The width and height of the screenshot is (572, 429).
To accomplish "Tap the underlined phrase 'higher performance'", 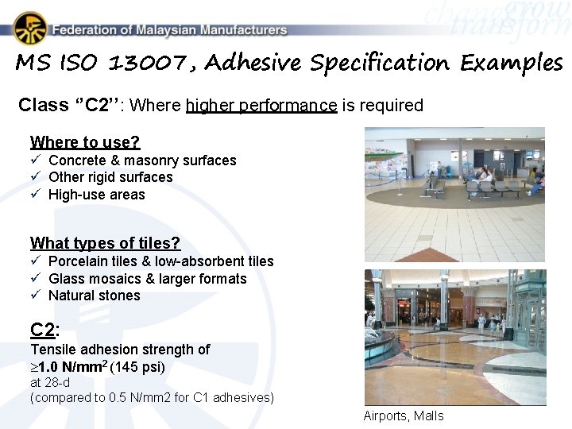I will [261, 105].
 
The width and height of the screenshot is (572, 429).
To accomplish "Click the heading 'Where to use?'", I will [85, 142].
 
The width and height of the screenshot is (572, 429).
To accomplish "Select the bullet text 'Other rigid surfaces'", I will [110, 177].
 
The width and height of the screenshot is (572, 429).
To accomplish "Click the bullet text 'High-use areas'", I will [97, 195].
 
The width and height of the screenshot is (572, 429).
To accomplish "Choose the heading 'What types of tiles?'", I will [105, 243].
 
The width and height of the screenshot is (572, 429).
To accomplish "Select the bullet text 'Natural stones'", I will [94, 296].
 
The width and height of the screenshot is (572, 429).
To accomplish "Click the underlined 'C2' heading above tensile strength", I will [42, 330].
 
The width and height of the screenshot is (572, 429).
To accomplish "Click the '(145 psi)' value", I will [137, 367].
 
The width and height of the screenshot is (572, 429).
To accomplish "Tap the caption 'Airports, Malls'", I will [404, 415].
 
